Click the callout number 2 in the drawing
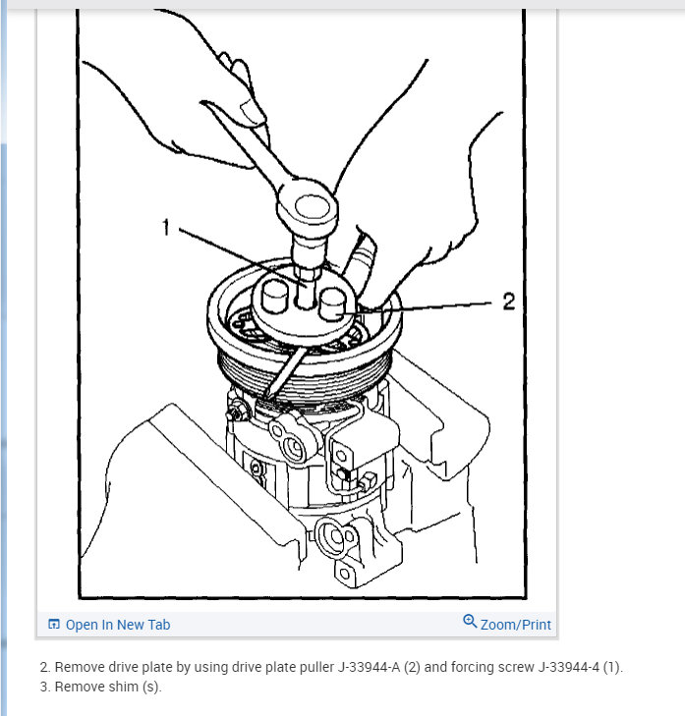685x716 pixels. click(x=508, y=302)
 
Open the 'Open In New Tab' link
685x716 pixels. click(x=117, y=625)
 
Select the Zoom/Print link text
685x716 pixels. click(x=515, y=625)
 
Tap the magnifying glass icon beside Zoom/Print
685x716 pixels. click(x=470, y=623)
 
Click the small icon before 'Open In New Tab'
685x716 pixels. click(x=54, y=625)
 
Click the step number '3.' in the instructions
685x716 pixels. click(x=45, y=687)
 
